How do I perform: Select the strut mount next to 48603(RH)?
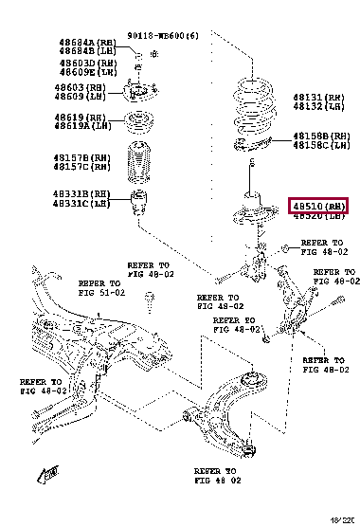pyautogui.click(x=139, y=93)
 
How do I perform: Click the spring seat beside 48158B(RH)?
pyautogui.click(x=253, y=142)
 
